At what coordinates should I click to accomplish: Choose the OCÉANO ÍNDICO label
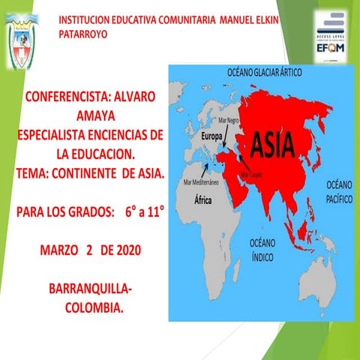[x=262, y=248]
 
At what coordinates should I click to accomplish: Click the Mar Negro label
[x=228, y=120]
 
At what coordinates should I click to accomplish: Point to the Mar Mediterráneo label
[x=201, y=182]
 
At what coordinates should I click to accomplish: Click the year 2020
[x=132, y=249]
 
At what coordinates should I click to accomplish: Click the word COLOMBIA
[x=94, y=307]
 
